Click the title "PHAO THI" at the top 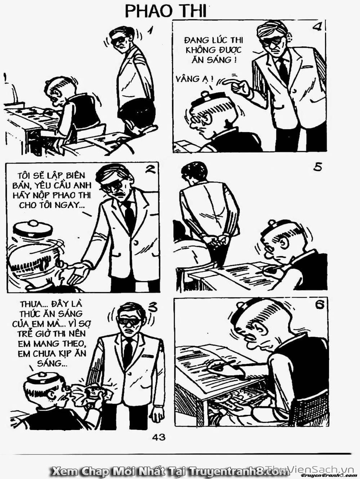tap(166, 12)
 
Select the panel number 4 tap(317, 27)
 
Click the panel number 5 tap(317, 167)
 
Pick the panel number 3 tap(152, 307)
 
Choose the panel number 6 tap(320, 305)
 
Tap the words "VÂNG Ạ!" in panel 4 tap(195, 79)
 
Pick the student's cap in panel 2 tap(33, 229)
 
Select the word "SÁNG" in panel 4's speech tap(225, 60)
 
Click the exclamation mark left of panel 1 tap(5, 79)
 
